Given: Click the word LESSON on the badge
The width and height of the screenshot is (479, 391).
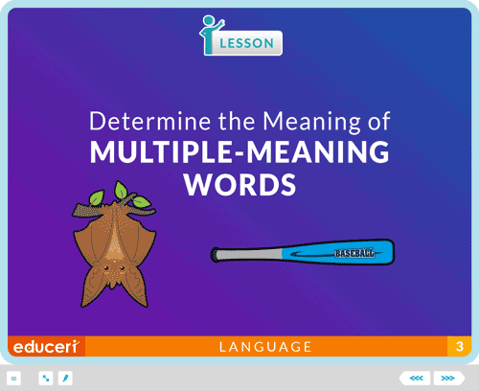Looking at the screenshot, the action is pos(246,43).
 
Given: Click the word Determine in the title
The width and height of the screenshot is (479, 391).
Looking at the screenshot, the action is pos(149,121).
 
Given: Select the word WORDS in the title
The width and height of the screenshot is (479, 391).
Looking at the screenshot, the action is pos(239,185).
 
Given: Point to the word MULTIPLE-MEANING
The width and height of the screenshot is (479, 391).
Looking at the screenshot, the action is pos(239,151).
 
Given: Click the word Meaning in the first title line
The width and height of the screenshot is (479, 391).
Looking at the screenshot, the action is pos(311,122).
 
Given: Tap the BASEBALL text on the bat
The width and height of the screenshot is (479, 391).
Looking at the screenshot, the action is pos(354,253).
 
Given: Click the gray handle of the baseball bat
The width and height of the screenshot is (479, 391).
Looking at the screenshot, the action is pos(250,255).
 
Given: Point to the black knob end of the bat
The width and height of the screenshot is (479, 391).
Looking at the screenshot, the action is pos(215,255).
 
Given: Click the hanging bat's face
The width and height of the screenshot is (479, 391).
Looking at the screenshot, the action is pos(113,271).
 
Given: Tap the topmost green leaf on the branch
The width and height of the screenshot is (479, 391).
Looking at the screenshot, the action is pos(121,190).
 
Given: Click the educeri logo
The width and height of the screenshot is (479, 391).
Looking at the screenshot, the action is pos(46,347).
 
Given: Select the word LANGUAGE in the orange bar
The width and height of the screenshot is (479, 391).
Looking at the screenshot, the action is pos(265,347).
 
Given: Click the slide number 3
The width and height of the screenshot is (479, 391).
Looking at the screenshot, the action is pos(460,346).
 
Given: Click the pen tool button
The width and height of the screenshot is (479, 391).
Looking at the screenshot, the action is pos(65,379).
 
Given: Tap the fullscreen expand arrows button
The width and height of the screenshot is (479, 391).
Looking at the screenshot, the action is pos(46,379).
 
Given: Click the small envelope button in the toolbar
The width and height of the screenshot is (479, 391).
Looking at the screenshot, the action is pos(13,379).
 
